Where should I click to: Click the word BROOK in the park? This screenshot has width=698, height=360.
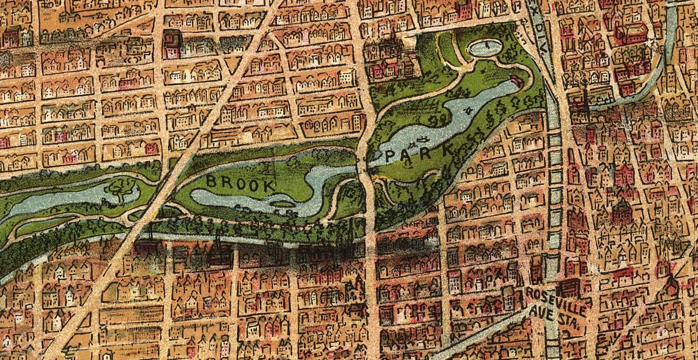tap(240, 183)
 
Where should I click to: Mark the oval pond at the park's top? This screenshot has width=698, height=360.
tap(485, 47)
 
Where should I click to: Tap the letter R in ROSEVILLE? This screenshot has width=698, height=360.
tap(530, 292)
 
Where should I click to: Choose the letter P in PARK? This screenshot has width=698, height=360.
tap(391, 155)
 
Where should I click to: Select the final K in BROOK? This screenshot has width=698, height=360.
tap(269, 186)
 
